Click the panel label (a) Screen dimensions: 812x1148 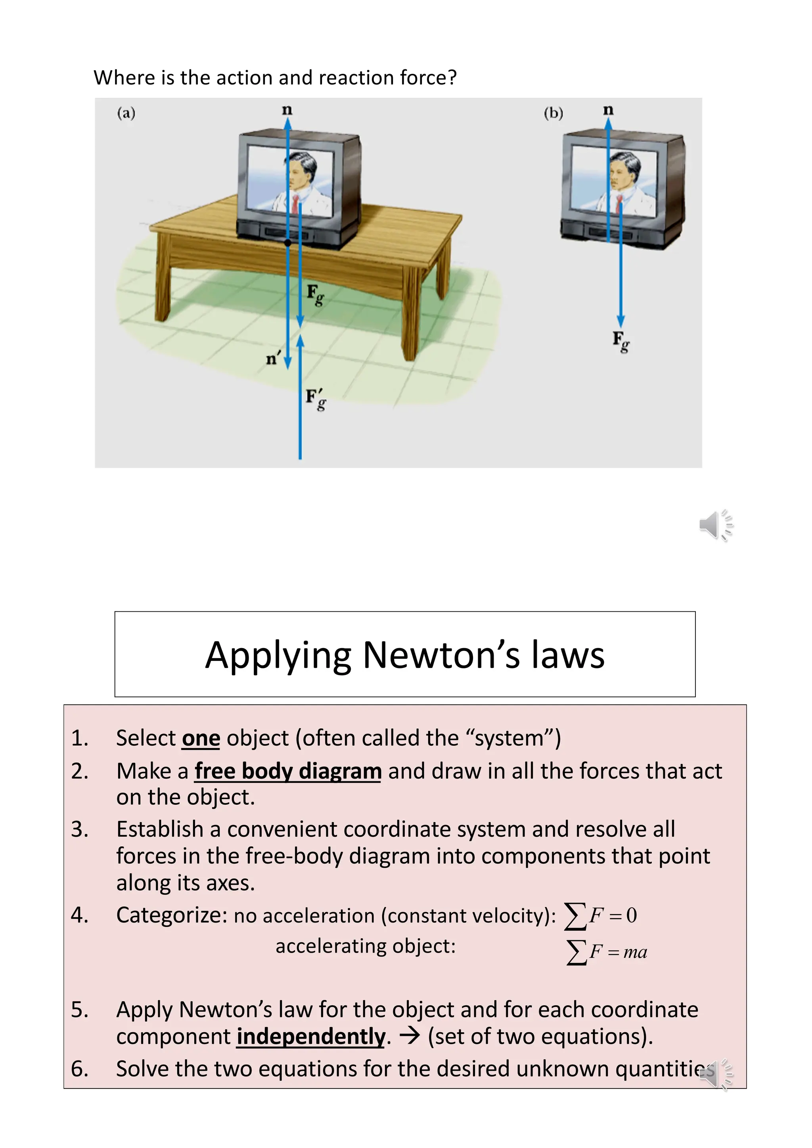pyautogui.click(x=126, y=113)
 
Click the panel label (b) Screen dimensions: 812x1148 pyautogui.click(x=553, y=113)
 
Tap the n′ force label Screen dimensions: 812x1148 pyautogui.click(x=274, y=358)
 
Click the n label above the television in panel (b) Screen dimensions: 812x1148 pyautogui.click(x=608, y=109)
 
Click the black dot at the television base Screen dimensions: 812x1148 pyautogui.click(x=288, y=243)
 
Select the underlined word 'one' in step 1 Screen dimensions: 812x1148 pyautogui.click(x=201, y=739)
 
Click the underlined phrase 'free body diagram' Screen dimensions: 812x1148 pyautogui.click(x=288, y=771)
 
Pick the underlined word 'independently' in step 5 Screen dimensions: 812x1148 pyautogui.click(x=311, y=1037)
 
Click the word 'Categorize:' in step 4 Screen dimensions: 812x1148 pyautogui.click(x=172, y=915)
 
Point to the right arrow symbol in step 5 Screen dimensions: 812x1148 pyautogui.click(x=410, y=1036)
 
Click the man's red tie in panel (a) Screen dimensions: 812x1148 pyautogui.click(x=296, y=203)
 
